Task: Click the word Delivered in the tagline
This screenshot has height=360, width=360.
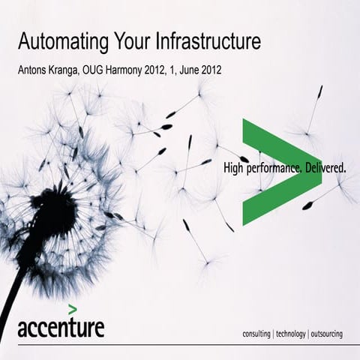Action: pos(324,169)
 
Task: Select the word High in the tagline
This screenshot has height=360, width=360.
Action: pos(235,169)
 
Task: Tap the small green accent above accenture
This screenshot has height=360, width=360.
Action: pos(72,308)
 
